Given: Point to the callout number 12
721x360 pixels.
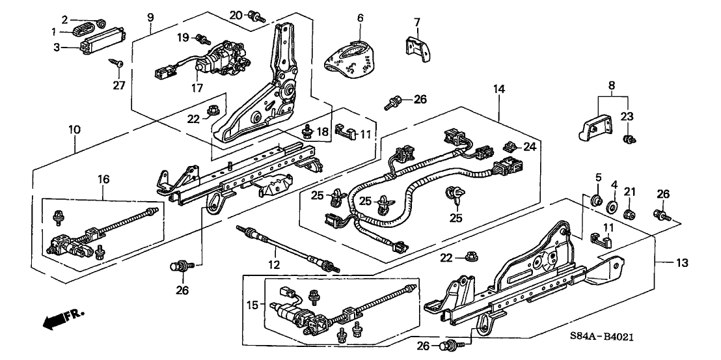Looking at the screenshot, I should coord(273,265).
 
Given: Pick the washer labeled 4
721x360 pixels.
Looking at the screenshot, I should coord(612,207).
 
